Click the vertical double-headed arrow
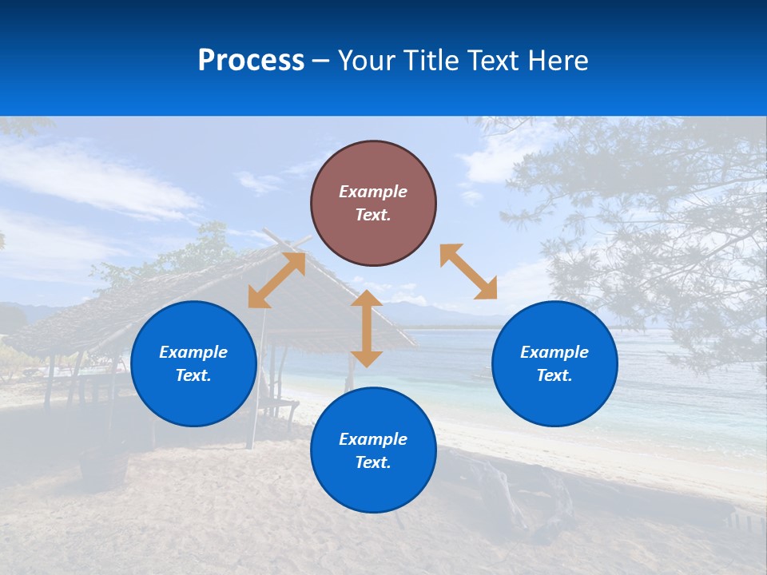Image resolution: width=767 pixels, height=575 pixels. point(367,329)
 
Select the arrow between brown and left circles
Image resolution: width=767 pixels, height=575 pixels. point(276,280)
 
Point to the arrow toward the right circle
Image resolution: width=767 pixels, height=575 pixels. point(468,272)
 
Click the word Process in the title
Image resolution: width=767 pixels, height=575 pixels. point(251,60)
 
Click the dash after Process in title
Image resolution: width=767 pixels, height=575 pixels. point(321,61)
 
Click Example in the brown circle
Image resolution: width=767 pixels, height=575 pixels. point(373,192)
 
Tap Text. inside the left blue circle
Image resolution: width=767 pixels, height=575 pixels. point(193,375)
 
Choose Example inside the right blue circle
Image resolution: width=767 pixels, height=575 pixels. point(554,352)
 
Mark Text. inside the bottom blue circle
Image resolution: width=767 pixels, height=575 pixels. point(373,462)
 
